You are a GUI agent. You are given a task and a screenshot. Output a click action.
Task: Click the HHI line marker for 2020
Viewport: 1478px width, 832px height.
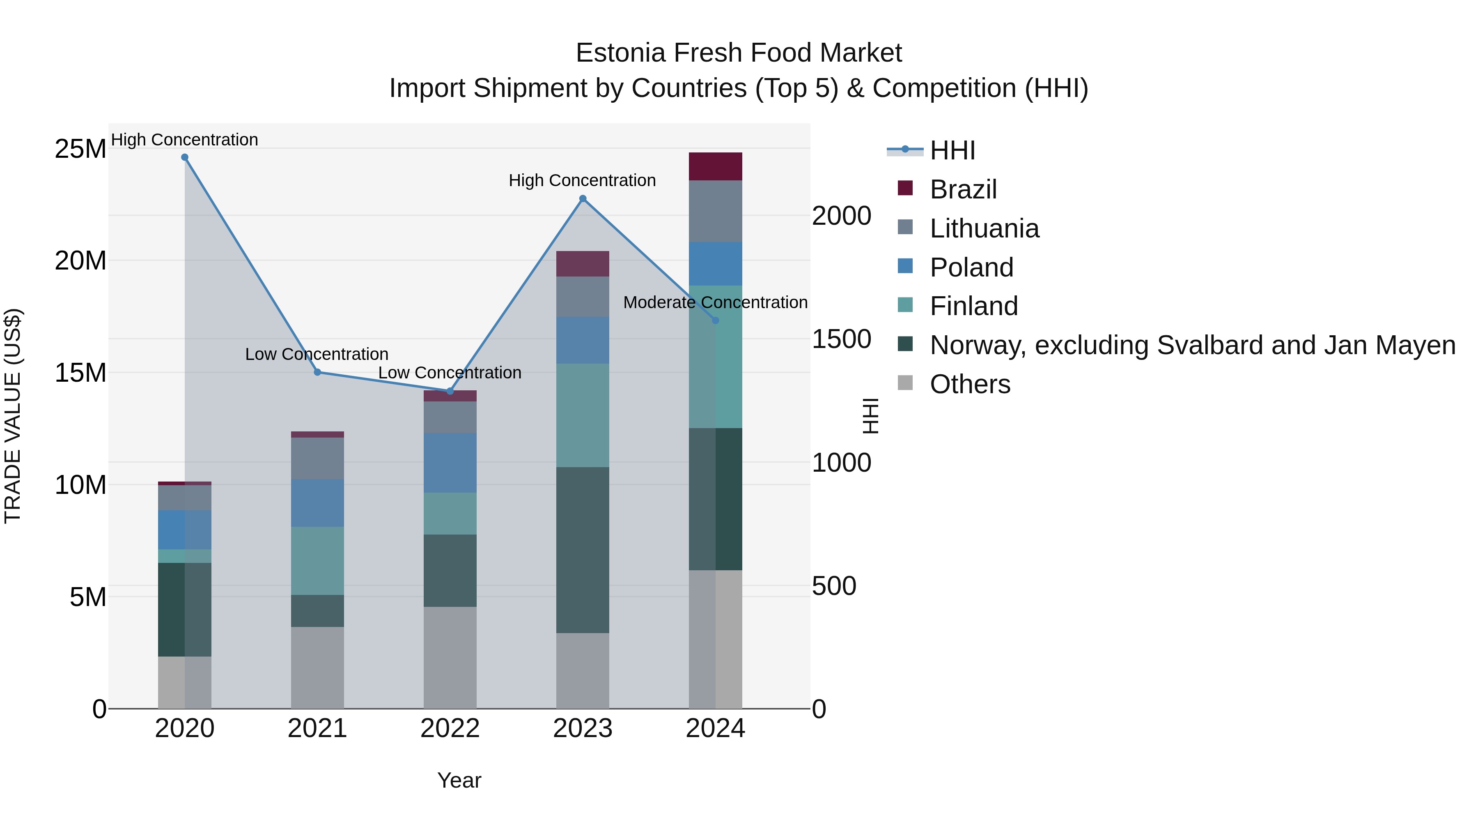tap(185, 157)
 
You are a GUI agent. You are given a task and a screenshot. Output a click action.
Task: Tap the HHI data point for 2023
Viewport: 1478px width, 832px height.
tap(582, 199)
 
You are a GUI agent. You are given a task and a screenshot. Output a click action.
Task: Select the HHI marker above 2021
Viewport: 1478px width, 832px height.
tap(317, 372)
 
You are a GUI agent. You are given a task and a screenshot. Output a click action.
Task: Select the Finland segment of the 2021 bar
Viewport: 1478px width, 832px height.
tap(317, 560)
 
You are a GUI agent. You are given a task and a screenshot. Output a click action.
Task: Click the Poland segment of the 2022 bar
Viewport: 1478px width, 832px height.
tap(450, 462)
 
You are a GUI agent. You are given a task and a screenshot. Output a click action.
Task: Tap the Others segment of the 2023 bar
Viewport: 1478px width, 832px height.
tap(582, 670)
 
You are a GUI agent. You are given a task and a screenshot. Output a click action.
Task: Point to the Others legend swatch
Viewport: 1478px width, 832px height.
tap(905, 383)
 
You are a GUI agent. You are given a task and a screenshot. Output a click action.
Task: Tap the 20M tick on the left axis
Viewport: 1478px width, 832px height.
tap(80, 260)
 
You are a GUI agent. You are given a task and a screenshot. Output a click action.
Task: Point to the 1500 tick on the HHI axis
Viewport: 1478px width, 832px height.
tap(841, 339)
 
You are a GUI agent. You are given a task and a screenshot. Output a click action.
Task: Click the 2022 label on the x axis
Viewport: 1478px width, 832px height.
tap(450, 728)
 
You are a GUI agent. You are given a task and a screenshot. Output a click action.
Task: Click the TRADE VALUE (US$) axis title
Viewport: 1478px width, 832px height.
tap(13, 416)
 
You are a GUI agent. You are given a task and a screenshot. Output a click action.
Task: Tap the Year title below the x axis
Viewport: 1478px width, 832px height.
tap(459, 780)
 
